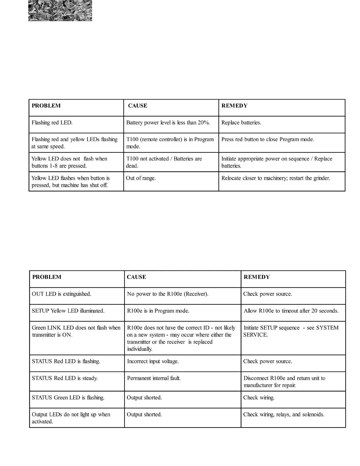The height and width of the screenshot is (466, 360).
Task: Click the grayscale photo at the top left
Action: point(60,11)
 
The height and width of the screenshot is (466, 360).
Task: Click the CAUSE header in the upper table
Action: point(138,106)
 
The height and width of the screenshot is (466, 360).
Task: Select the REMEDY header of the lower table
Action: point(256,277)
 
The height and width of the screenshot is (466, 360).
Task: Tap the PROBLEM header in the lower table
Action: point(47,277)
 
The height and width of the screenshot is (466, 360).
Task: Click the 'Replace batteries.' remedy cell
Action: point(241,123)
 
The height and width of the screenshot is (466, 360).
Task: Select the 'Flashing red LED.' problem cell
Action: point(52,123)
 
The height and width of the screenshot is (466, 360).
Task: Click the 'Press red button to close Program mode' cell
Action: point(268,139)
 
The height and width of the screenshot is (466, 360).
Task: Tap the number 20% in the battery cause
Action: point(204,123)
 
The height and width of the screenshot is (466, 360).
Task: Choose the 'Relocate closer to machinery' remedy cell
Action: point(276,178)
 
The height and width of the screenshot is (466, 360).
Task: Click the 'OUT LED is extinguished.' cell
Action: point(61,294)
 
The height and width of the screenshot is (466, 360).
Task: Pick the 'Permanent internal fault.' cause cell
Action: point(154,378)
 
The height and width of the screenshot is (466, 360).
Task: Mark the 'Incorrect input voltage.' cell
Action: point(153,361)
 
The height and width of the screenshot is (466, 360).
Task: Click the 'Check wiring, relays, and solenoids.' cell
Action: point(284,415)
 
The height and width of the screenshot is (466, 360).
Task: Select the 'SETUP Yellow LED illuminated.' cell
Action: point(68,311)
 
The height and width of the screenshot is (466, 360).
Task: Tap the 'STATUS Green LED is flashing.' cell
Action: point(68,398)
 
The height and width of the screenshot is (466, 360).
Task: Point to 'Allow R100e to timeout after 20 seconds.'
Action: point(291,311)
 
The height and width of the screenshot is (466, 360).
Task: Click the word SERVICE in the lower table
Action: point(255,335)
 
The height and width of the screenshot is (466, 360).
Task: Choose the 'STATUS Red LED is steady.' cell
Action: point(65,378)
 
